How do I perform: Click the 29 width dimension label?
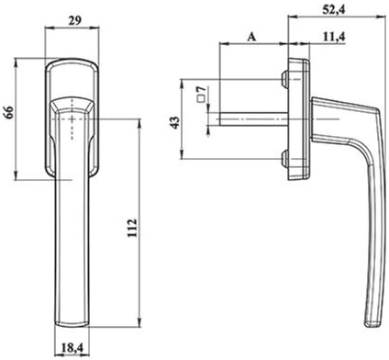pyautogui.click(x=75, y=21)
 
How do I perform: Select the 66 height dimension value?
pyautogui.click(x=8, y=113)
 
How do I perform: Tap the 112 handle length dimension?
pyautogui.click(x=132, y=229)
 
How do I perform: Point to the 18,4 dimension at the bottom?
pyautogui.click(x=72, y=347)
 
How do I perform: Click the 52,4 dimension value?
pyautogui.click(x=334, y=10)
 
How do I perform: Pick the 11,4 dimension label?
pyautogui.click(x=334, y=37)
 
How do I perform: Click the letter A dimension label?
pyautogui.click(x=251, y=37)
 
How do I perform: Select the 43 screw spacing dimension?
pyautogui.click(x=175, y=122)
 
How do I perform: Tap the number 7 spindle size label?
pyautogui.click(x=201, y=90)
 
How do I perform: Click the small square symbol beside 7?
pyautogui.click(x=201, y=98)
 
